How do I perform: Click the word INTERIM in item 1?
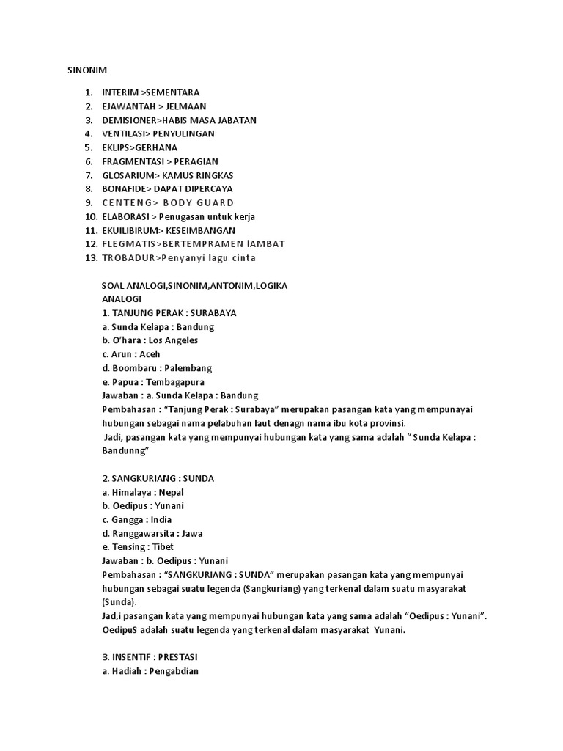119,92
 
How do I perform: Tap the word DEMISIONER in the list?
130,120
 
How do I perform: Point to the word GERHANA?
156,147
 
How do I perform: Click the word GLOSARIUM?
129,175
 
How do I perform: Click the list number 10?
91,216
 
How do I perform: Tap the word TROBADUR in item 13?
129,257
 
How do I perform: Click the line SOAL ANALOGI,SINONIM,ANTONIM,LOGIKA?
194,285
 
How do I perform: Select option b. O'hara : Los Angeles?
150,340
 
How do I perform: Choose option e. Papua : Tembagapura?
153,382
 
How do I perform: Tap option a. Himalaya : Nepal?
144,492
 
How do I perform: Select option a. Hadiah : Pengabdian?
151,671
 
